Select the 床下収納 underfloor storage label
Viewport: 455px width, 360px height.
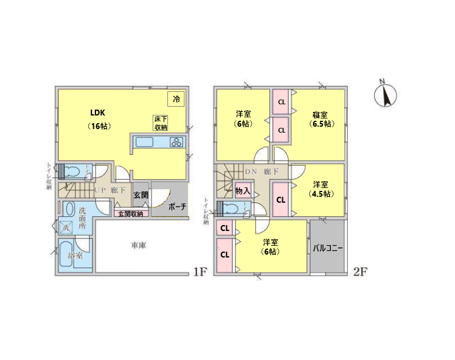point(161,123)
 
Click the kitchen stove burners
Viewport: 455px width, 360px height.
point(176,141)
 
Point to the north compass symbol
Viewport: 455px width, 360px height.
point(385,94)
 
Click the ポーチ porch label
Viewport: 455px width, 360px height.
point(177,207)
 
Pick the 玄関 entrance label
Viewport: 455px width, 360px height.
point(140,195)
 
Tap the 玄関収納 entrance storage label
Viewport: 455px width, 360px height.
point(130,213)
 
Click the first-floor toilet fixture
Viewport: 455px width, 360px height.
point(72,171)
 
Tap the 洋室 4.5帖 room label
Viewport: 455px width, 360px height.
point(321,189)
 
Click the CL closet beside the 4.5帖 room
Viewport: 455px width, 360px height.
point(281,200)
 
